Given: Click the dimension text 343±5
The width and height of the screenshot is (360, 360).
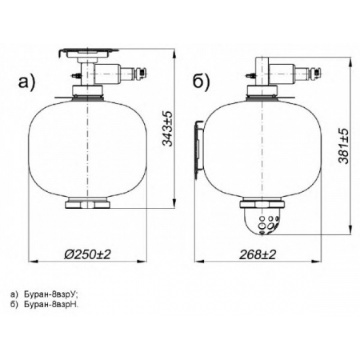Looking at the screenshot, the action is pos(167,129).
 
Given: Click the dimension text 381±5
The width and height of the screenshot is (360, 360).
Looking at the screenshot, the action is pos(343,146).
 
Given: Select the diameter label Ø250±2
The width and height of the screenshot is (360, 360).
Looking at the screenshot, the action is pos(87,254).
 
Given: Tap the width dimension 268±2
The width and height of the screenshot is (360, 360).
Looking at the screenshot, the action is pos(258,254).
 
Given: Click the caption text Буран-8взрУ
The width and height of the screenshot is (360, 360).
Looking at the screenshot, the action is pos(50,294).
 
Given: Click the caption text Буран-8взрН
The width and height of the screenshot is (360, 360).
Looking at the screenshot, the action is pos(51,304).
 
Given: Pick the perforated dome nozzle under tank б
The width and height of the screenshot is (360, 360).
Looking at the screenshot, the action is pos(262,221).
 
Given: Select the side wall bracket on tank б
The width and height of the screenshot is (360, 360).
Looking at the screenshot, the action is pos(199,150).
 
